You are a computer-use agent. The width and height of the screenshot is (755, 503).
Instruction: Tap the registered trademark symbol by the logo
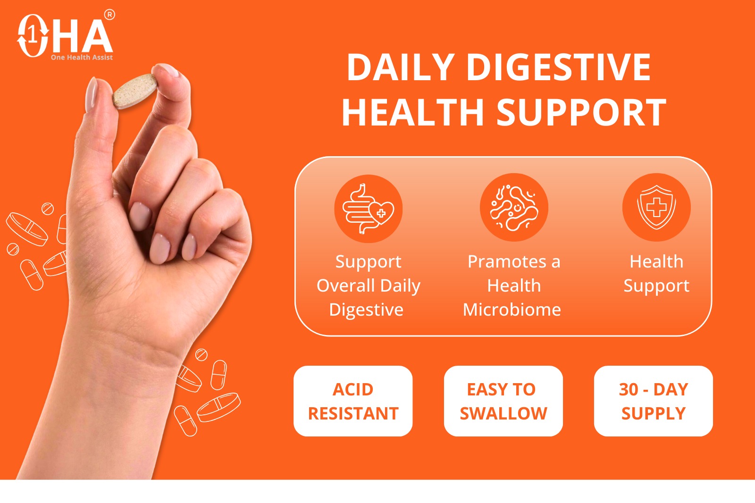tap(109, 15)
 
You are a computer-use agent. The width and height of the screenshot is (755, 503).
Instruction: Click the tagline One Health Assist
tap(82, 57)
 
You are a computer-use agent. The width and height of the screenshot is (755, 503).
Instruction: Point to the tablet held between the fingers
tap(135, 91)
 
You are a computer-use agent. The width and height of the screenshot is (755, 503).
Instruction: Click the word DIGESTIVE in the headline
tap(559, 67)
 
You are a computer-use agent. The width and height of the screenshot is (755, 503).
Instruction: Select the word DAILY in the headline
tap(401, 67)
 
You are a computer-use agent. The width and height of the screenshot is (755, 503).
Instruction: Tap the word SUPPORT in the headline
tap(581, 112)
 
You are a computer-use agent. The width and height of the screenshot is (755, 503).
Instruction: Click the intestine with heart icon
tap(368, 209)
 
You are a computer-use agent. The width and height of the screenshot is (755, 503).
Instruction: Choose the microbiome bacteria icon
tap(514, 207)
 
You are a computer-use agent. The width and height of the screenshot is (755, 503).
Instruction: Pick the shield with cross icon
tap(656, 207)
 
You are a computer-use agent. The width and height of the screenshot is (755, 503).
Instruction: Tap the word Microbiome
tap(512, 310)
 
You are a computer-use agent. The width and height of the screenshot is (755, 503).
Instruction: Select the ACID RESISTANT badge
tap(353, 401)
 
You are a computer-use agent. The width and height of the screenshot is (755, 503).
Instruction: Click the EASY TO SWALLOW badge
tap(503, 401)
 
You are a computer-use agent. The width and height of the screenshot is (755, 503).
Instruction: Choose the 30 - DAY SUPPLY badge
tap(654, 401)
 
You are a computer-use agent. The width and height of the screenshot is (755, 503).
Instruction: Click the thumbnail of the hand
tap(92, 94)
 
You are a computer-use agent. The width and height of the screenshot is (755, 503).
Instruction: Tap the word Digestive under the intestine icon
tap(366, 310)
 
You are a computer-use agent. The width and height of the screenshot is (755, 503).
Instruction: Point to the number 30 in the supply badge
tap(629, 389)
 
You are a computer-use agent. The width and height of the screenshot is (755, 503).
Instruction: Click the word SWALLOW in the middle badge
tap(503, 413)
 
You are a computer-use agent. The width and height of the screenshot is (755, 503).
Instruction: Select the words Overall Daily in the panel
tap(369, 286)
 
